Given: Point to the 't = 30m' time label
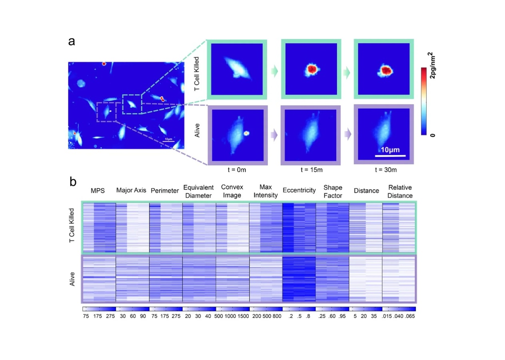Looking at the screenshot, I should click(x=384, y=169).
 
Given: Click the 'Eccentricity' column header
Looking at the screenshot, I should click(x=299, y=191).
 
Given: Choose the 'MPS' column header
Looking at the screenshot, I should click(x=98, y=191).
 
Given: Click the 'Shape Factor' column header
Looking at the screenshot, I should click(x=332, y=191).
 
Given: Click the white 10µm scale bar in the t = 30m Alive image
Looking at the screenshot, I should click(x=390, y=155).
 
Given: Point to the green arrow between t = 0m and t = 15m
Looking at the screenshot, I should click(x=273, y=71).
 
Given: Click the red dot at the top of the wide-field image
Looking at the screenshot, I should click(x=104, y=64).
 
